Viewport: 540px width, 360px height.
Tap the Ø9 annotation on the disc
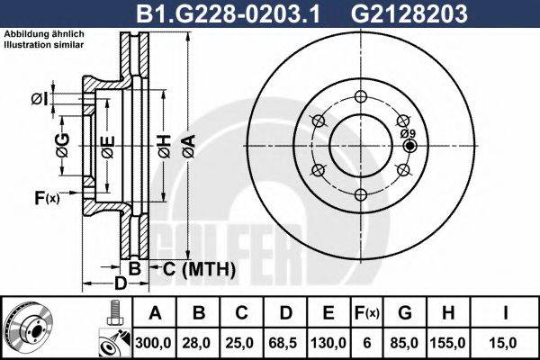pos(406,133)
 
